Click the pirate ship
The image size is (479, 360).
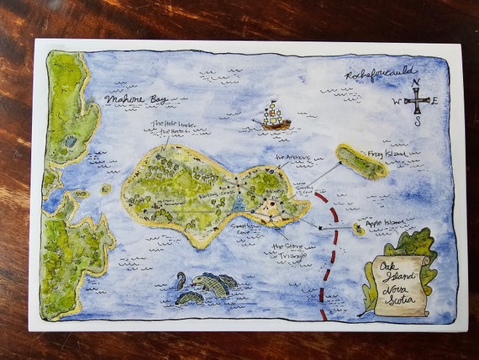point(272,117)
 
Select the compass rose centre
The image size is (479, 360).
point(416,102)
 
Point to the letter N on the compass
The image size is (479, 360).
point(417,82)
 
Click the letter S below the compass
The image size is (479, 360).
point(417,121)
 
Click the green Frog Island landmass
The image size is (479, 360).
point(361,161)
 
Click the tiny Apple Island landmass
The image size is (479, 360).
point(359,229)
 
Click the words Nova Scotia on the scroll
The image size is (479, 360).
point(402,295)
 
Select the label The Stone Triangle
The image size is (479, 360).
point(290,251)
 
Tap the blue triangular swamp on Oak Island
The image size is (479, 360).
point(239,203)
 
